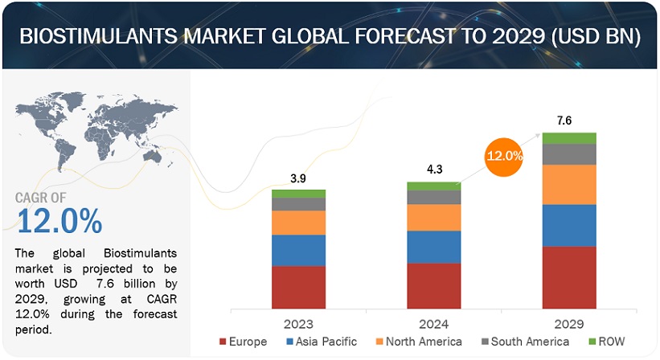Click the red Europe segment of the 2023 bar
pyautogui.click(x=298, y=288)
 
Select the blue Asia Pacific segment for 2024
pyautogui.click(x=434, y=247)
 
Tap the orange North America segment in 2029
pyautogui.click(x=569, y=184)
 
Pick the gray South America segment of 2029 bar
pyautogui.click(x=569, y=154)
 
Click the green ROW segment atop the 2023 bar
pyautogui.click(x=298, y=194)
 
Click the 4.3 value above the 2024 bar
pyautogui.click(x=434, y=170)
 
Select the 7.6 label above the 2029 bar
pyautogui.click(x=569, y=121)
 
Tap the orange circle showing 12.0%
pyautogui.click(x=504, y=154)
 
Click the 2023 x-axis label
pyautogui.click(x=298, y=322)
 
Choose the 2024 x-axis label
pyautogui.click(x=434, y=322)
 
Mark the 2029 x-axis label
pyautogui.click(x=569, y=322)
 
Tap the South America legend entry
pyautogui.click(x=523, y=342)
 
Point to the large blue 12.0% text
pyautogui.click(x=59, y=221)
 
